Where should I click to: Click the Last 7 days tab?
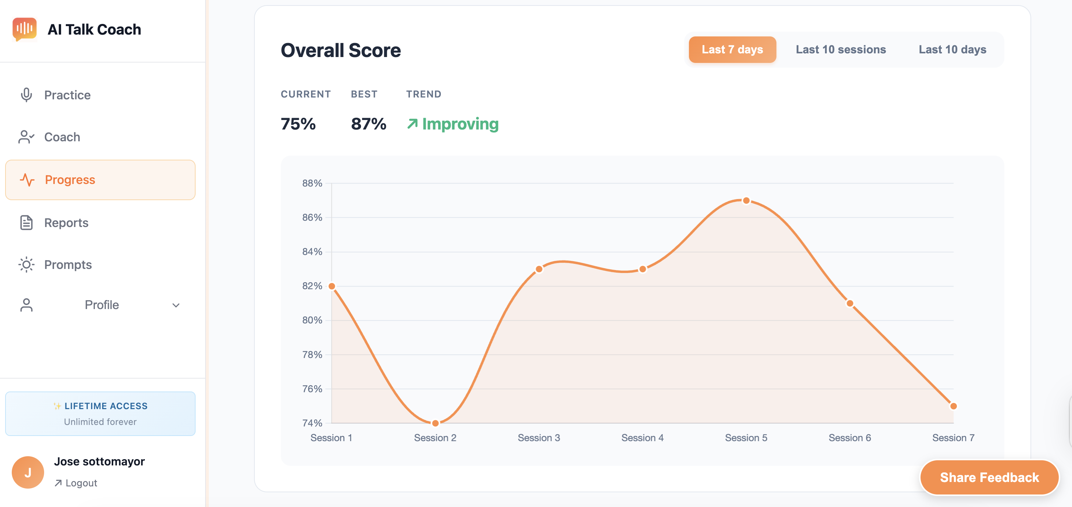click(732, 50)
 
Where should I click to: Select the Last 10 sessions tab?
click(841, 50)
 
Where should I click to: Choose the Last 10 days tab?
click(952, 50)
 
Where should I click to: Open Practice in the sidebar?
click(67, 95)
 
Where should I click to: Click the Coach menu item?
click(62, 137)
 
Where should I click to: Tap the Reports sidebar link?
click(66, 223)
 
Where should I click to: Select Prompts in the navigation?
click(68, 265)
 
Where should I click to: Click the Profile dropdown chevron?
click(176, 305)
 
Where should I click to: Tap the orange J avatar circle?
click(28, 472)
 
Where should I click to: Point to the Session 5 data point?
click(746, 201)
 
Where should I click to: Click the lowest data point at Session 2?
click(435, 423)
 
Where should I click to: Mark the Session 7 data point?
click(953, 406)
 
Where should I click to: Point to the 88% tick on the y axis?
click(312, 183)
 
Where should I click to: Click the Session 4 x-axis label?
click(642, 438)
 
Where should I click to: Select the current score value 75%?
click(298, 124)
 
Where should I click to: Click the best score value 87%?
click(368, 124)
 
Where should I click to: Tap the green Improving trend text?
click(460, 124)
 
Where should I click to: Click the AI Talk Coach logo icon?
click(25, 29)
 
